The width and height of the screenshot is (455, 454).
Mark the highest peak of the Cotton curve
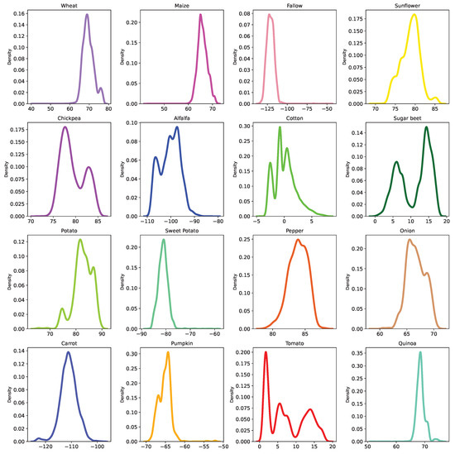280,127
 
